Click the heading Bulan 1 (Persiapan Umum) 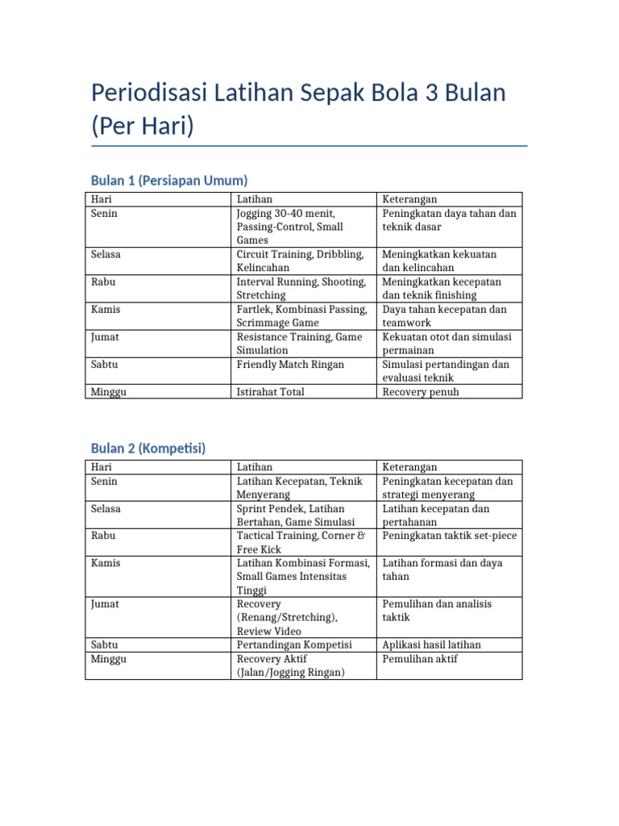tap(169, 180)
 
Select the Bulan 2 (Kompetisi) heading tap(148, 448)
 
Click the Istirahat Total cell tap(271, 392)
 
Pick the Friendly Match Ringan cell tap(290, 365)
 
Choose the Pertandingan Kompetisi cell tap(296, 645)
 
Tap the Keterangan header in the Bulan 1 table tap(409, 199)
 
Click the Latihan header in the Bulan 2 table tap(255, 467)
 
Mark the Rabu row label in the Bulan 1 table tap(104, 282)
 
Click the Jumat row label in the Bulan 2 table tap(106, 603)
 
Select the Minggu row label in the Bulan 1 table tap(110, 392)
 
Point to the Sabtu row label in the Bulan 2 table tap(105, 645)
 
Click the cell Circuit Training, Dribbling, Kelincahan tap(301, 261)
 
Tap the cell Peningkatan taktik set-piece tap(449, 536)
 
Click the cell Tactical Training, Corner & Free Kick tap(301, 542)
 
